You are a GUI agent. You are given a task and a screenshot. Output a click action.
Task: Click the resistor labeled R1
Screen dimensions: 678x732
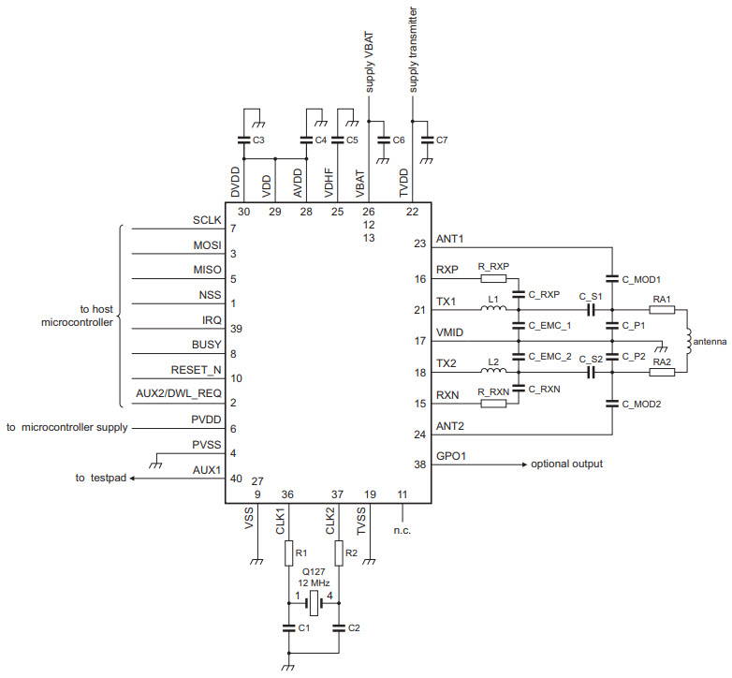289,554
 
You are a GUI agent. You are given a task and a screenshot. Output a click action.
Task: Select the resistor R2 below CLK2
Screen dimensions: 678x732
338,554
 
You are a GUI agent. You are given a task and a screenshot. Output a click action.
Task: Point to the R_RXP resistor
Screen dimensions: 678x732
492,278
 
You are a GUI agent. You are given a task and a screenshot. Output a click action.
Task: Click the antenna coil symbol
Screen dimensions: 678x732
690,341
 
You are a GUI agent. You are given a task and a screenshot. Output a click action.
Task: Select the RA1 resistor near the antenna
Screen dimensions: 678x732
661,309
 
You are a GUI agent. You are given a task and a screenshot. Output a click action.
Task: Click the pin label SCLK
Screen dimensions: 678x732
206,220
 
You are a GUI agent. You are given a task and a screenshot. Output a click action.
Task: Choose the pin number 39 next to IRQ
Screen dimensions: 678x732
235,329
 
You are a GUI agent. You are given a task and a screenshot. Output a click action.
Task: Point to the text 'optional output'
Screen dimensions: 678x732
566,464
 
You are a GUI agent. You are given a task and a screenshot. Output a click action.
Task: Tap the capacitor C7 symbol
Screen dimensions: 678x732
428,140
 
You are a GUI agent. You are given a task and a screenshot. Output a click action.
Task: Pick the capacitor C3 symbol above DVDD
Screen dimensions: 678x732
243,140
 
